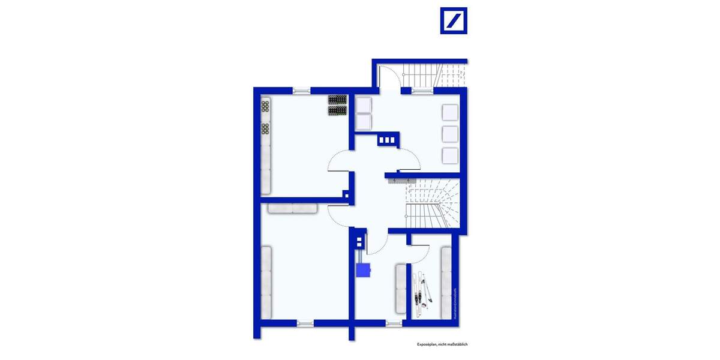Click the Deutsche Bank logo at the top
[x=454, y=20]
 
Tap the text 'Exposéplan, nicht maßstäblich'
[x=442, y=344]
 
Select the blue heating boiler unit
[x=363, y=270]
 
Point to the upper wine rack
[x=338, y=100]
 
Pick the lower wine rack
[x=338, y=110]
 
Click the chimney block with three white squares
[x=387, y=140]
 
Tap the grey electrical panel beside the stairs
[x=401, y=179]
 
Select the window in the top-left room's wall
[x=302, y=91]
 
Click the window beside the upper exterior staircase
[x=422, y=91]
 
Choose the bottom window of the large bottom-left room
[x=305, y=323]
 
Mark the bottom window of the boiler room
[x=394, y=323]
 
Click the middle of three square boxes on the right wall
[x=450, y=134]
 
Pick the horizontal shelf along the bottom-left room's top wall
[x=292, y=208]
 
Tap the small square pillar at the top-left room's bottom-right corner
[x=346, y=194]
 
